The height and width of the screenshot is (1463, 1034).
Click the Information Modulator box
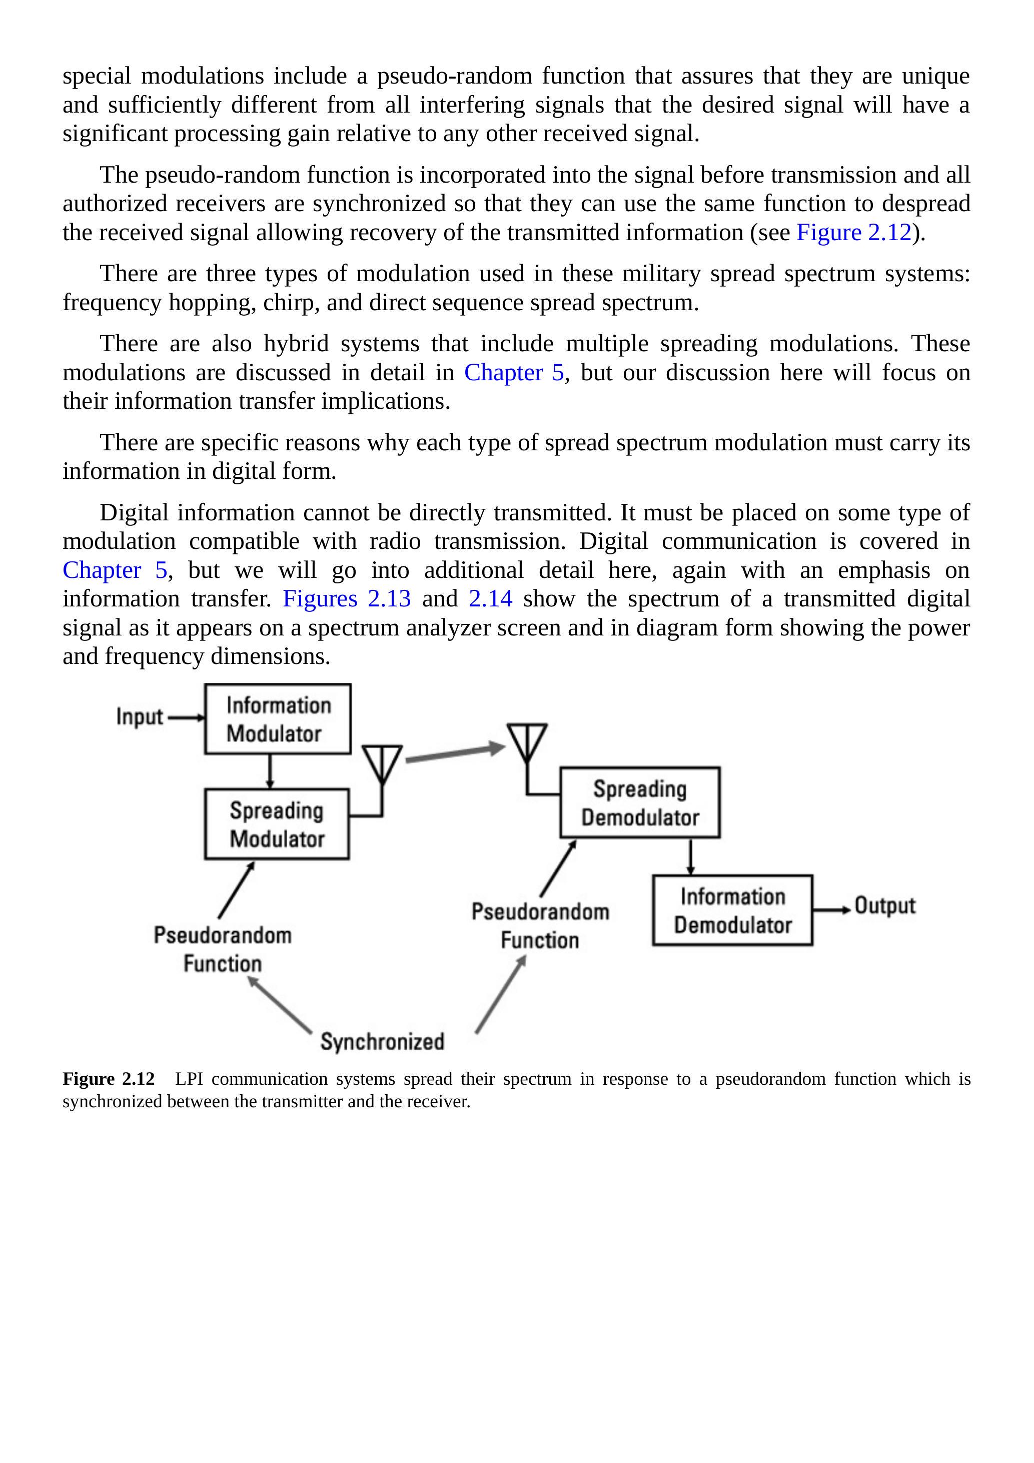coord(277,719)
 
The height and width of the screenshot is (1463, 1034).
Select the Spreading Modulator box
coord(277,824)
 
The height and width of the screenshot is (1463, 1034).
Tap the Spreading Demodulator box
coord(640,802)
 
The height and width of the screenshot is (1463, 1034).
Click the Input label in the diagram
coord(140,717)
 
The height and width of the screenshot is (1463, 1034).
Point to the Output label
coord(884,906)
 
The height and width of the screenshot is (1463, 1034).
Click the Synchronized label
coord(382,1042)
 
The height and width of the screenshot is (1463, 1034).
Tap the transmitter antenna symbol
coord(382,765)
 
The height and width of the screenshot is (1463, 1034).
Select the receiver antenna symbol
coord(527,743)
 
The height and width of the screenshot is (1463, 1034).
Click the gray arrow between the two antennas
coord(454,752)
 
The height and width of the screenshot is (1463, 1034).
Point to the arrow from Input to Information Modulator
coord(187,717)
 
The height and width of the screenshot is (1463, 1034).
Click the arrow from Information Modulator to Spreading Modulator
coord(270,771)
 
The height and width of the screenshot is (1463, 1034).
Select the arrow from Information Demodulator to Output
coord(831,910)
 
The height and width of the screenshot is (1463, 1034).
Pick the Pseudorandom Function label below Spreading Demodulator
coord(540,926)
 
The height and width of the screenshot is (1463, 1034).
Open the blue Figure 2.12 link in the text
coord(854,233)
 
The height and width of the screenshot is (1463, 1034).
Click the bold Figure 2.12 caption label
coord(109,1079)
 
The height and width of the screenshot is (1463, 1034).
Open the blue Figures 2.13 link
coord(347,599)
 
